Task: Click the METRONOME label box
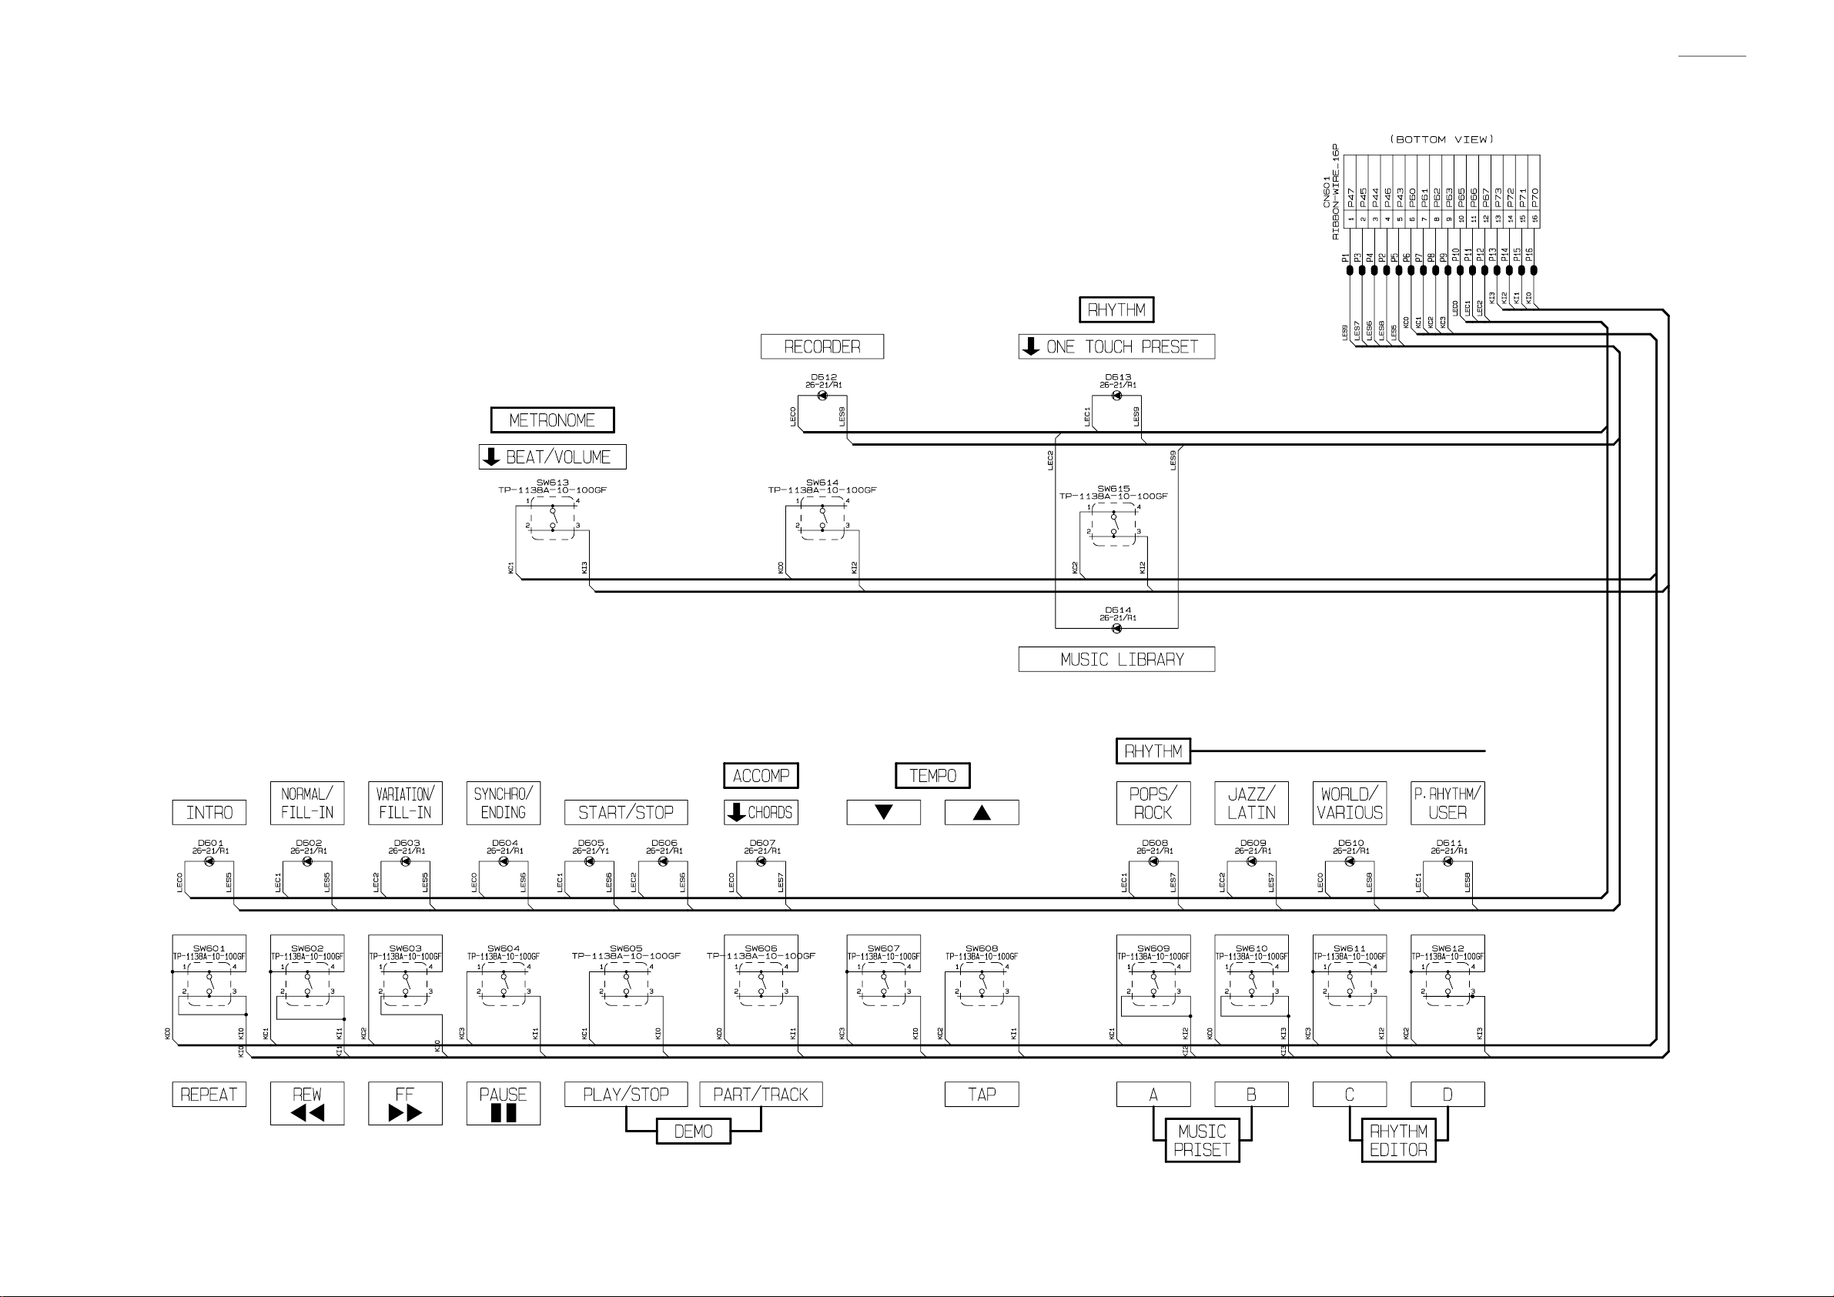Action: pos(552,420)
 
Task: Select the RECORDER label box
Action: pos(822,346)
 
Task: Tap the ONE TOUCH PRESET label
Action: pos(1116,346)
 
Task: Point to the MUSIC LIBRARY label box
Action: pos(1116,660)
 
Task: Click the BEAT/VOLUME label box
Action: pos(552,456)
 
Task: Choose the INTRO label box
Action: pos(209,812)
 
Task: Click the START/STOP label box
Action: pos(625,812)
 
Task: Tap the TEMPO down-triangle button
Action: pos(883,812)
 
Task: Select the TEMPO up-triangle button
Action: pos(982,812)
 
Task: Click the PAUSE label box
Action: pos(504,1103)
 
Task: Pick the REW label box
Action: pos(306,1103)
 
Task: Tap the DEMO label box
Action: pos(694,1132)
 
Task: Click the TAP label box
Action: pos(982,1094)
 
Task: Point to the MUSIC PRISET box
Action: pos(1202,1141)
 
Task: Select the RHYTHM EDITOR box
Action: pos(1399,1141)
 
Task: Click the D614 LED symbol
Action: pos(1116,629)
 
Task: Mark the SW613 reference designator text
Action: pos(552,483)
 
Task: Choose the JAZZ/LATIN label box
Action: pos(1251,804)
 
